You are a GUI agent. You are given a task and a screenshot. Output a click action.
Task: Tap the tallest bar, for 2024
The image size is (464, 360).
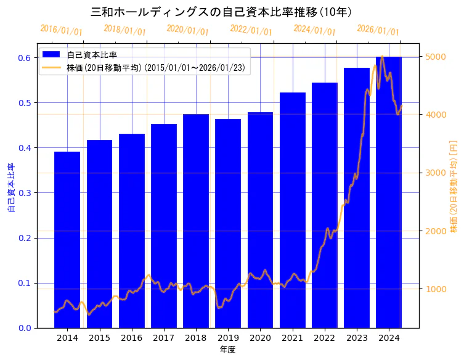389,192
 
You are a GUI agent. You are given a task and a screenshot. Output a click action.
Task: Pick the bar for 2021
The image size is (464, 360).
293,210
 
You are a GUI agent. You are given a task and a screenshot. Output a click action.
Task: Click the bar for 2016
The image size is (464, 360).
132,231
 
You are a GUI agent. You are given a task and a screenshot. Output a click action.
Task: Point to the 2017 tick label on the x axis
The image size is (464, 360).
164,338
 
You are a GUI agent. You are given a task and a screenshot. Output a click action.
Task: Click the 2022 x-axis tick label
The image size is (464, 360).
325,338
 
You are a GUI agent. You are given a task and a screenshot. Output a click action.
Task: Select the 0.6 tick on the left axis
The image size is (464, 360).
24,58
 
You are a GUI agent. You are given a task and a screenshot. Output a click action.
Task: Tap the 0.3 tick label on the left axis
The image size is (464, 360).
24,193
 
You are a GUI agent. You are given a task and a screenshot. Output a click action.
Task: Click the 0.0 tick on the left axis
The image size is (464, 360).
24,328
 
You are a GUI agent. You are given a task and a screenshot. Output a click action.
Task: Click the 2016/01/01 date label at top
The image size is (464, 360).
62,30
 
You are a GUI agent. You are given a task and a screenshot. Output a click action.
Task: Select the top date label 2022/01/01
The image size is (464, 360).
251,30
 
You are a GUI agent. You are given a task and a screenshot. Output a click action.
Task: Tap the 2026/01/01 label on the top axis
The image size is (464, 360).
378,30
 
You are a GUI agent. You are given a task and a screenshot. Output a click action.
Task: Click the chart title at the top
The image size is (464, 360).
222,12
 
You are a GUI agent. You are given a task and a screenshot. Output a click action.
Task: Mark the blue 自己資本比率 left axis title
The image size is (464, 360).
10,187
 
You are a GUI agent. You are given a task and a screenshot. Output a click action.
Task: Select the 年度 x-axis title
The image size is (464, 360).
228,350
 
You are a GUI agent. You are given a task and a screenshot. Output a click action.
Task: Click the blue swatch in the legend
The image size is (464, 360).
52,55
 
